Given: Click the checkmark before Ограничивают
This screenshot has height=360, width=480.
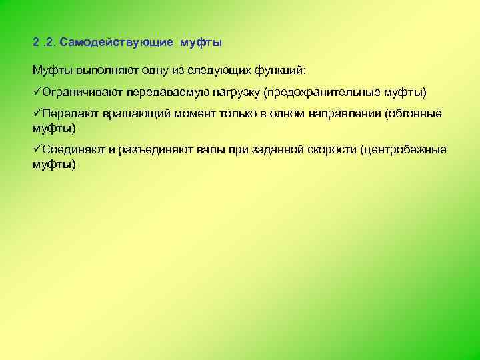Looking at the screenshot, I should [x=37, y=91].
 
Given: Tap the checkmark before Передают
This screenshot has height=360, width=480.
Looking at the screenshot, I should [x=37, y=113].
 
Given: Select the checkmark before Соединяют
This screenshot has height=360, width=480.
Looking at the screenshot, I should [x=37, y=149].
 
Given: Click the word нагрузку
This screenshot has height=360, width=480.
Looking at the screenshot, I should [x=235, y=91].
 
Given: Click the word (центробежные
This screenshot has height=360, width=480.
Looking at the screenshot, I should [x=403, y=150].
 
